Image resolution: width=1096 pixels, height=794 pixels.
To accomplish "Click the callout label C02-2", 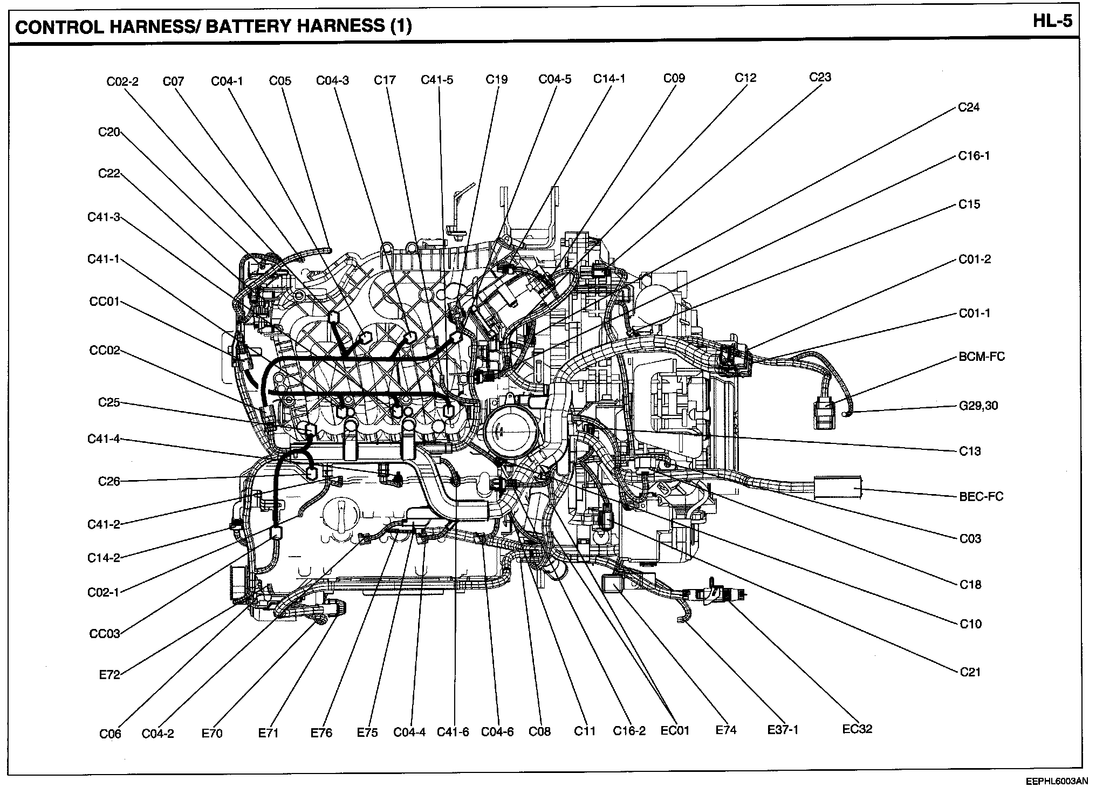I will point(122,81).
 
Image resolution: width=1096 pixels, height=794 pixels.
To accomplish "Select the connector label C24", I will point(969,107).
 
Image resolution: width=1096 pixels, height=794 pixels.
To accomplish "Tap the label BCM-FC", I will point(982,357).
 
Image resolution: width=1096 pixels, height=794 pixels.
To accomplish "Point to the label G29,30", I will point(978,406).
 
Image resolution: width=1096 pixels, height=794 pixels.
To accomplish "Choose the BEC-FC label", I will point(981,496).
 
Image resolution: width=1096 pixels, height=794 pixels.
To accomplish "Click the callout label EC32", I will point(857,729).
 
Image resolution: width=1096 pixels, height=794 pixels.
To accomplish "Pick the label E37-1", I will point(783,730).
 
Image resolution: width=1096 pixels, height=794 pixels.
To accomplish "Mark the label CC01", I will point(104,301).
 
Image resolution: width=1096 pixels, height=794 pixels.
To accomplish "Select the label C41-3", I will point(104,217).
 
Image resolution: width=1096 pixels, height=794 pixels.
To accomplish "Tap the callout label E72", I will point(109,674).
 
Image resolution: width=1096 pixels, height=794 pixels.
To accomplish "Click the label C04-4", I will point(409,732).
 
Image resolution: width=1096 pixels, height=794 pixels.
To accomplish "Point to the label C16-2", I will point(629,731).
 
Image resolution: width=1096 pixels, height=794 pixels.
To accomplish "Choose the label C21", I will point(970,672).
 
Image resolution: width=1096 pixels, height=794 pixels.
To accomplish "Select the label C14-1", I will point(609,79).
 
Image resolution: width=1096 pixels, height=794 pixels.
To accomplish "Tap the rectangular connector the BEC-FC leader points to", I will point(837,487).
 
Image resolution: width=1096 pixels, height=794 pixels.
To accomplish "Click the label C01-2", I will point(975,259).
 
